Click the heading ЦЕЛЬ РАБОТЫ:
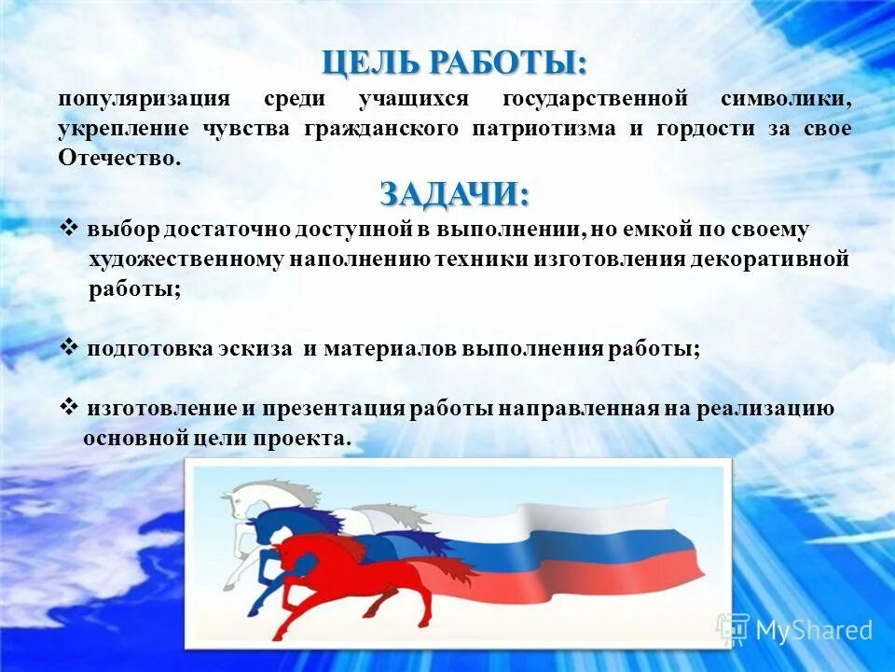(x=455, y=63)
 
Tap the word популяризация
(x=144, y=99)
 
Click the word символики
(x=785, y=99)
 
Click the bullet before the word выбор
(x=69, y=229)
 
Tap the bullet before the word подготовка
(x=69, y=347)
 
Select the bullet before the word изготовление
(x=69, y=407)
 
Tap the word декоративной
(x=770, y=259)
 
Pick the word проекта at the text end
(x=308, y=439)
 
